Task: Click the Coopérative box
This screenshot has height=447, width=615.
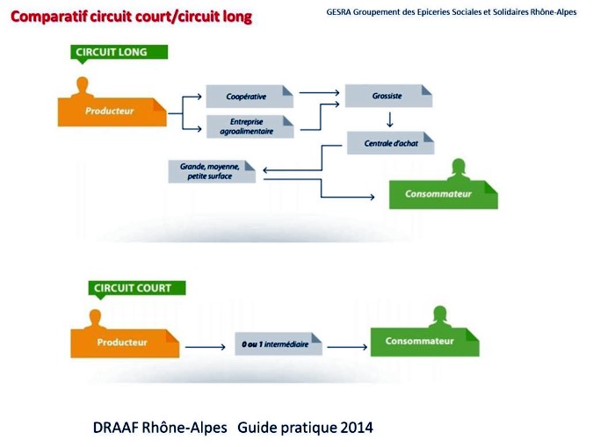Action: pyautogui.click(x=250, y=96)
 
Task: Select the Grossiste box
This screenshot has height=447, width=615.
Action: pyautogui.click(x=388, y=96)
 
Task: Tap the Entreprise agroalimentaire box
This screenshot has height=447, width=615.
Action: pyautogui.click(x=250, y=126)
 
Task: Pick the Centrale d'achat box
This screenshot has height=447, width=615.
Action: pyautogui.click(x=391, y=143)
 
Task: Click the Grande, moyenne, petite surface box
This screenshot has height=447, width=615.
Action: pyautogui.click(x=212, y=171)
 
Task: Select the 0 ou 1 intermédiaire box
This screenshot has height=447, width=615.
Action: pyautogui.click(x=279, y=344)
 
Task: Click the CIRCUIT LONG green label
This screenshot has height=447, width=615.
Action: pyautogui.click(x=119, y=53)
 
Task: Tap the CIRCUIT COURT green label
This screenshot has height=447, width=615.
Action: pyautogui.click(x=137, y=289)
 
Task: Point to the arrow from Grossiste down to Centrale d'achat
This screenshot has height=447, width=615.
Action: pyautogui.click(x=389, y=119)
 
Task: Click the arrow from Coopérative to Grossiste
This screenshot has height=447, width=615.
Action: pyautogui.click(x=319, y=92)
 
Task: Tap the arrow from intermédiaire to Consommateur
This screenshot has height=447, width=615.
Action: pyautogui.click(x=347, y=347)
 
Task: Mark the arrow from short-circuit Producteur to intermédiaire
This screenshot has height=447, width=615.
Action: pyautogui.click(x=205, y=347)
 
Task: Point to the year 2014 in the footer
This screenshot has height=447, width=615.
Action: pyautogui.click(x=357, y=428)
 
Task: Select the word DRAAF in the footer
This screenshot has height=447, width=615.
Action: pyautogui.click(x=115, y=428)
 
